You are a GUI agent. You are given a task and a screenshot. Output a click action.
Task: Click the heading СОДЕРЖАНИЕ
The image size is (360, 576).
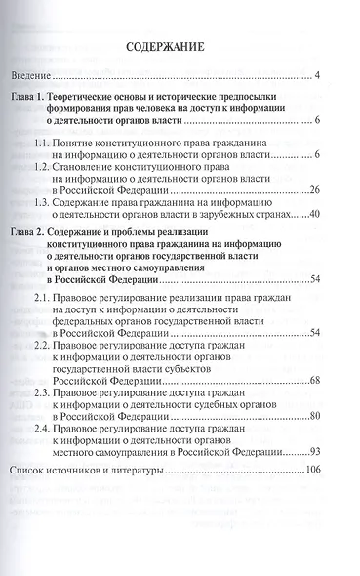[180, 50]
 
